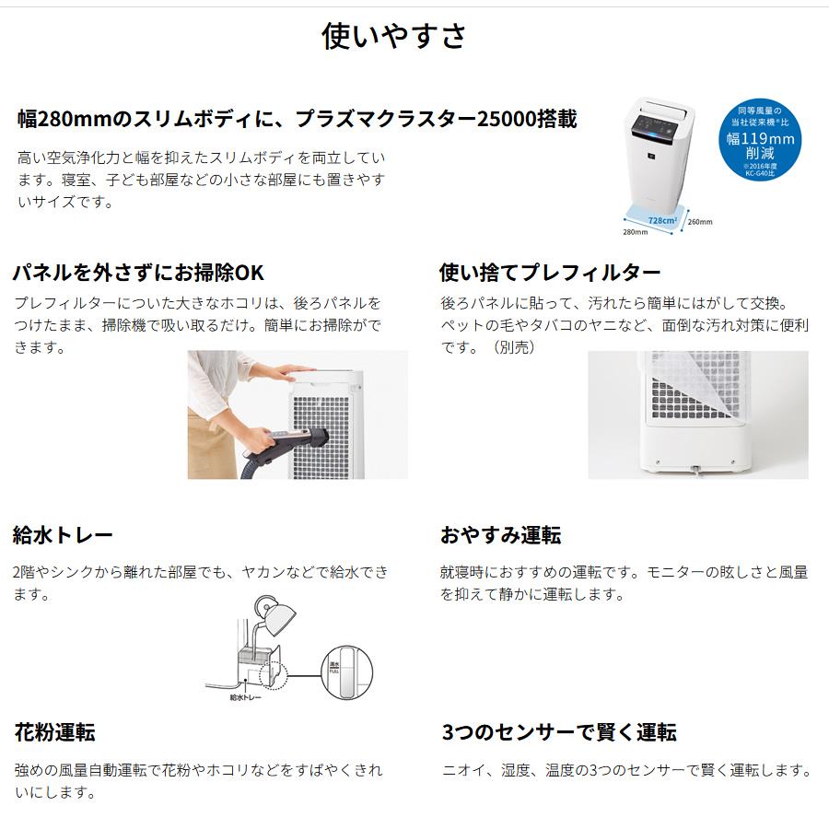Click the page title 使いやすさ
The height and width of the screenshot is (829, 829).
(x=394, y=36)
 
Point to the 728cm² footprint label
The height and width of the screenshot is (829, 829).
(x=660, y=221)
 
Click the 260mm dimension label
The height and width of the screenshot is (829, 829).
(x=700, y=222)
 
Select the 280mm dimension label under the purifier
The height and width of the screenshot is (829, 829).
(x=635, y=232)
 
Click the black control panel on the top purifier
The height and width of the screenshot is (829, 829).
(x=661, y=122)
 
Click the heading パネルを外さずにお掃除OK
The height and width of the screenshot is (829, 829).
(x=138, y=273)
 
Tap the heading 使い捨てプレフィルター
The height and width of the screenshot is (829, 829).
(x=550, y=273)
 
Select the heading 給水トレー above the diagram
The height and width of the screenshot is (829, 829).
(x=63, y=535)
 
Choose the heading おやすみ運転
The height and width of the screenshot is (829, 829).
(x=500, y=535)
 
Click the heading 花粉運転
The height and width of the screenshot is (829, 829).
(x=54, y=732)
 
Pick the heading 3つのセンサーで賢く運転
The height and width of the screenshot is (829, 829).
(x=558, y=732)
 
